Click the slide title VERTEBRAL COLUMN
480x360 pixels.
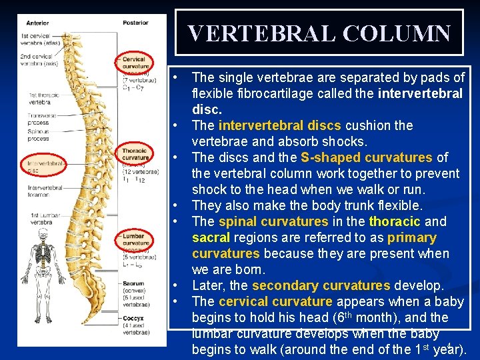[319, 33]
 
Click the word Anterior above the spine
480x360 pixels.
[37, 22]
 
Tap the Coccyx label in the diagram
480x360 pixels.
[133, 319]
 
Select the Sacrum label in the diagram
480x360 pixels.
[133, 284]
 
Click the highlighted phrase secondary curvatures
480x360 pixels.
[321, 286]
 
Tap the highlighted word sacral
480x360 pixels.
[210, 238]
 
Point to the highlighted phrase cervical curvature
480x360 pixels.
[275, 302]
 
